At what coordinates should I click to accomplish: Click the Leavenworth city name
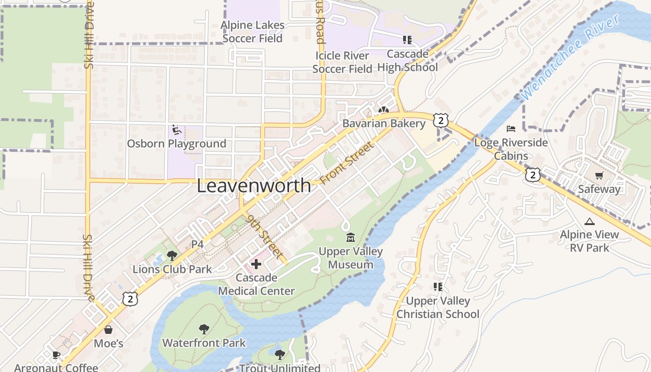(254, 186)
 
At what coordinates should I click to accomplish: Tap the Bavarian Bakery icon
(384, 111)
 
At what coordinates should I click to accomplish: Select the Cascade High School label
(407, 61)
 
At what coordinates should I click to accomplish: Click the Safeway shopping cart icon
(599, 176)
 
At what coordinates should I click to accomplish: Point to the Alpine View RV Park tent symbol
(590, 222)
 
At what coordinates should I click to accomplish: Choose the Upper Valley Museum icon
(351, 238)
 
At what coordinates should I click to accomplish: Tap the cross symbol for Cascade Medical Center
(256, 264)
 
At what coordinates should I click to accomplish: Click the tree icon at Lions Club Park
(172, 255)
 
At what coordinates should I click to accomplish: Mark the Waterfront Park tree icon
(204, 329)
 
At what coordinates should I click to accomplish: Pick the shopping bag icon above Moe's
(108, 330)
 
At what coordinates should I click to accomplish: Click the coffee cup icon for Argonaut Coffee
(56, 355)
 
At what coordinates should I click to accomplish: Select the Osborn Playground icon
(177, 130)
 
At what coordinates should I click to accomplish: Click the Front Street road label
(347, 163)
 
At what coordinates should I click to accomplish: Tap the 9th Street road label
(265, 236)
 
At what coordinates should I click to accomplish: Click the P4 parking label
(198, 244)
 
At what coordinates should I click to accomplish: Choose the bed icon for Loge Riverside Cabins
(511, 128)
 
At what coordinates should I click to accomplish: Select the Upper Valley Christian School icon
(438, 287)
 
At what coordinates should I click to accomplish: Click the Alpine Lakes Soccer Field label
(252, 32)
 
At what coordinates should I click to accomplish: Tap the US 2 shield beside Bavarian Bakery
(441, 120)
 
